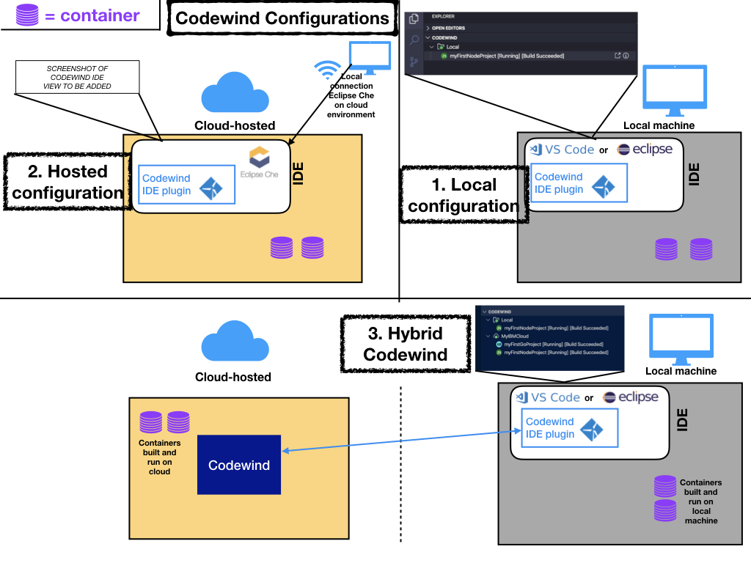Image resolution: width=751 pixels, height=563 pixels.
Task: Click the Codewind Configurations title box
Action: [x=282, y=18]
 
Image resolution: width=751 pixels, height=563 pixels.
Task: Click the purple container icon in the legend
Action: [x=27, y=15]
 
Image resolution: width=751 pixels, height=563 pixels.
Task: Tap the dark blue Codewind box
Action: [x=239, y=465]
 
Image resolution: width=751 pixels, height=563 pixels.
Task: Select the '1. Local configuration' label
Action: [x=464, y=195]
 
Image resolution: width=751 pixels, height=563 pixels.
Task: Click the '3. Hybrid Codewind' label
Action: [x=405, y=344]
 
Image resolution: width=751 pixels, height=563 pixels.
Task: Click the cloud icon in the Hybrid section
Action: [x=233, y=342]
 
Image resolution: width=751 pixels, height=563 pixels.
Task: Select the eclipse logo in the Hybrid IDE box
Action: [x=630, y=397]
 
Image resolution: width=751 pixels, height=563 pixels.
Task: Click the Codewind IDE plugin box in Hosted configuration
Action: [x=187, y=185]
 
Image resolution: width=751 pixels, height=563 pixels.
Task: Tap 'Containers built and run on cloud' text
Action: [x=159, y=457]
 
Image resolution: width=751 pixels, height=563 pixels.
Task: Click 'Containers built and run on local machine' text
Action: [x=700, y=501]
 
